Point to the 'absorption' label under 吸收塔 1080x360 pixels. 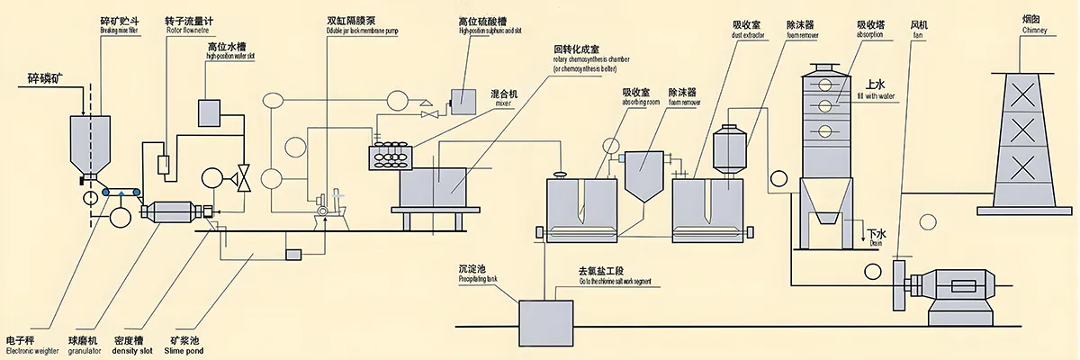[869, 34]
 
